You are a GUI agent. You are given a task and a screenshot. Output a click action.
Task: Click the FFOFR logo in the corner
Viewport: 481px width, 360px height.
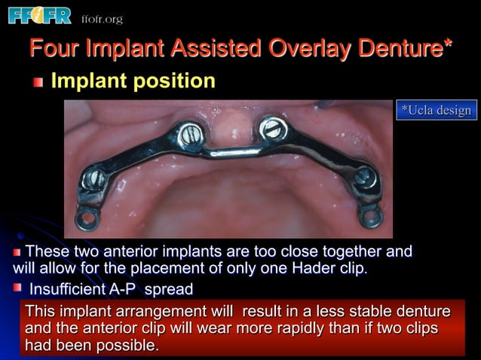[x=39, y=15]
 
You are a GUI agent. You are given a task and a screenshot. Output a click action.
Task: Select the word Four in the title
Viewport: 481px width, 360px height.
[x=54, y=50]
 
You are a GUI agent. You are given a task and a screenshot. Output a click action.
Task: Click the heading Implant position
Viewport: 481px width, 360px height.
[x=133, y=81]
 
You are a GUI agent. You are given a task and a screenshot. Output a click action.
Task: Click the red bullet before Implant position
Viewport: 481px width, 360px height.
[x=38, y=81]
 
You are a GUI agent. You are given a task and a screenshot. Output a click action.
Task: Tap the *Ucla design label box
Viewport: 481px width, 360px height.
[x=436, y=111]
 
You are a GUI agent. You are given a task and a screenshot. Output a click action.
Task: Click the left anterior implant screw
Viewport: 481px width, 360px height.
[x=189, y=136]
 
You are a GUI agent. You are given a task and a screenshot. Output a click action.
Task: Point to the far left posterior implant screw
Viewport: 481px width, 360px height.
[x=93, y=178]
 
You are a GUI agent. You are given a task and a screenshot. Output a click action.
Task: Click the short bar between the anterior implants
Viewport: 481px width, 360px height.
[x=231, y=153]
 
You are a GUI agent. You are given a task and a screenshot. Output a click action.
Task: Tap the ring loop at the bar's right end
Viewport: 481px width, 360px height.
[x=371, y=218]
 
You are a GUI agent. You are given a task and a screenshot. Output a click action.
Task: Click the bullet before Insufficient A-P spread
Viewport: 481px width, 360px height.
[x=17, y=288]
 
